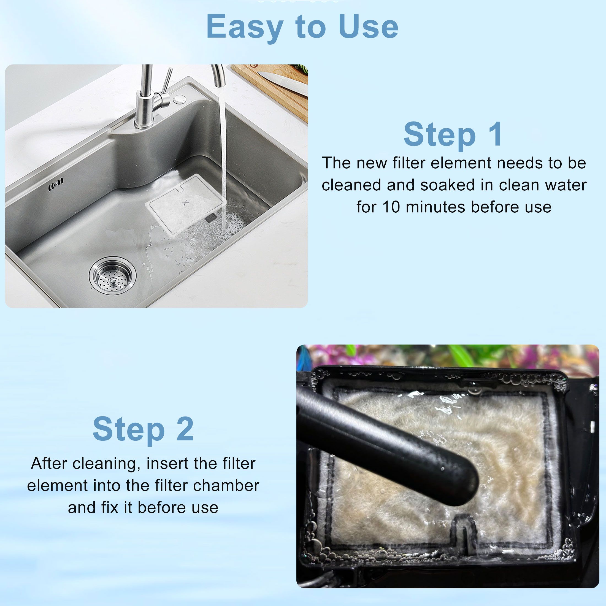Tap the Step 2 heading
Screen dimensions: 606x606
point(143,429)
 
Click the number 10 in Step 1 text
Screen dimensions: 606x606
point(391,207)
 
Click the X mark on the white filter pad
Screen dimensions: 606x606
point(185,203)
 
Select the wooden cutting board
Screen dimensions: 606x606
point(276,91)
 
